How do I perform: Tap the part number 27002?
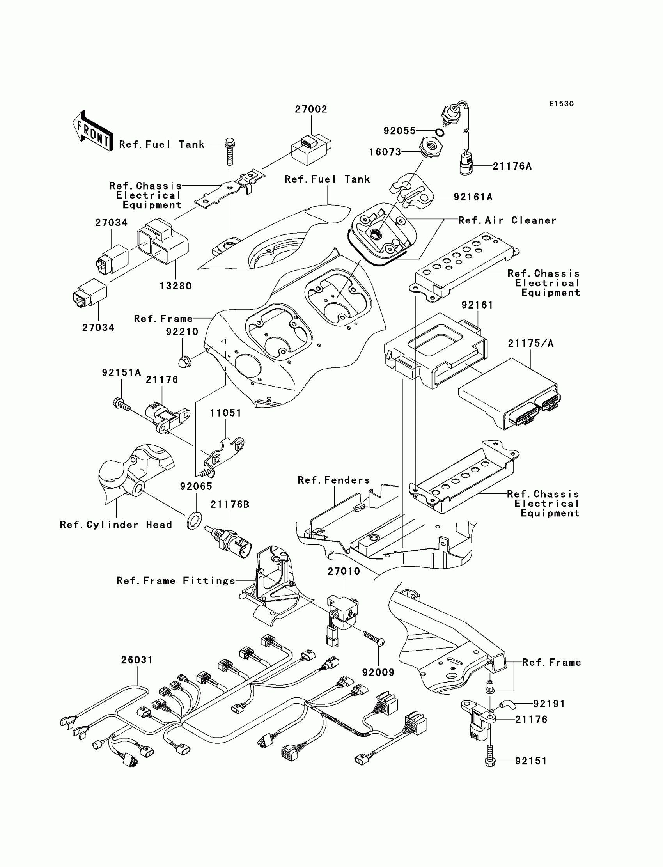pyautogui.click(x=311, y=109)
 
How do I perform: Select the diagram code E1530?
pyautogui.click(x=561, y=104)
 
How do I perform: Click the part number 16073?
pyautogui.click(x=385, y=152)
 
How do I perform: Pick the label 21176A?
pyautogui.click(x=512, y=167)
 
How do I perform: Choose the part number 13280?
pyautogui.click(x=175, y=286)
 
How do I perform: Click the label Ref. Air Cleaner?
pyautogui.click(x=507, y=221)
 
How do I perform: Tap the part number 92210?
pyautogui.click(x=182, y=332)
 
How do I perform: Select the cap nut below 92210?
pyautogui.click(x=184, y=361)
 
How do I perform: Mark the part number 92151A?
pyautogui.click(x=121, y=372)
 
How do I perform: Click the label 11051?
pyautogui.click(x=225, y=413)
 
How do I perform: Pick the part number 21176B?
pyautogui.click(x=230, y=505)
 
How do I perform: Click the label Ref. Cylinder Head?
pyautogui.click(x=116, y=525)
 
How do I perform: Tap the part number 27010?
pyautogui.click(x=344, y=571)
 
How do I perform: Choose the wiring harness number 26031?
pyautogui.click(x=137, y=660)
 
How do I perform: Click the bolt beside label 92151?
pyautogui.click(x=489, y=761)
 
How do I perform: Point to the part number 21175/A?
pyautogui.click(x=530, y=344)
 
